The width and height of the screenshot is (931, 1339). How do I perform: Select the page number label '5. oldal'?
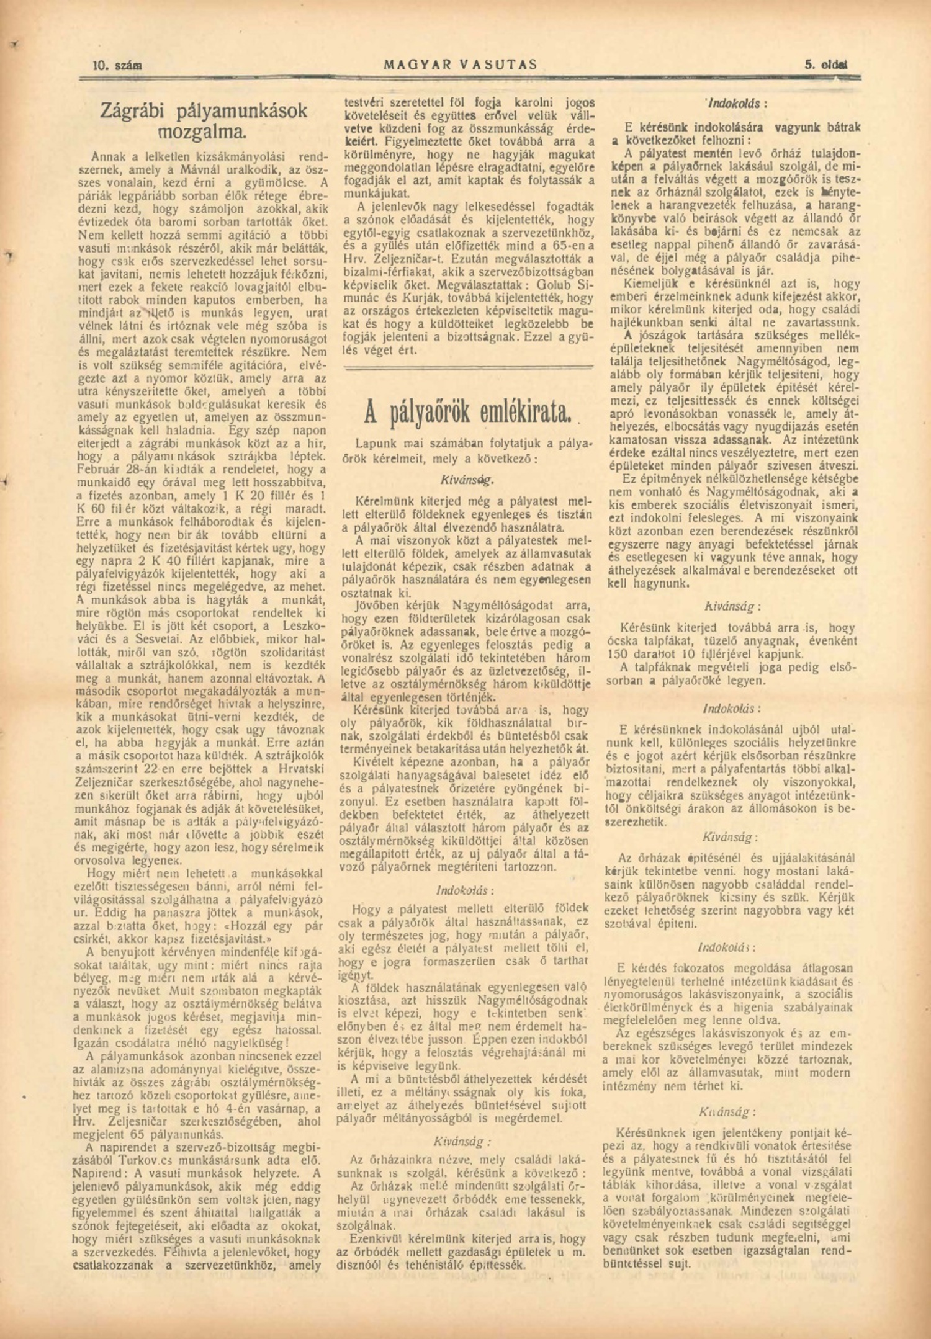(x=827, y=65)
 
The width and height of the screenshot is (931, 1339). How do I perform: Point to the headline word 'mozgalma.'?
(x=202, y=132)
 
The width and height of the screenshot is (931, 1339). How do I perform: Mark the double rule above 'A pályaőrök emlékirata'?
(x=469, y=369)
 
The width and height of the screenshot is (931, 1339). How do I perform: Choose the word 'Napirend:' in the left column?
(x=97, y=1173)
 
